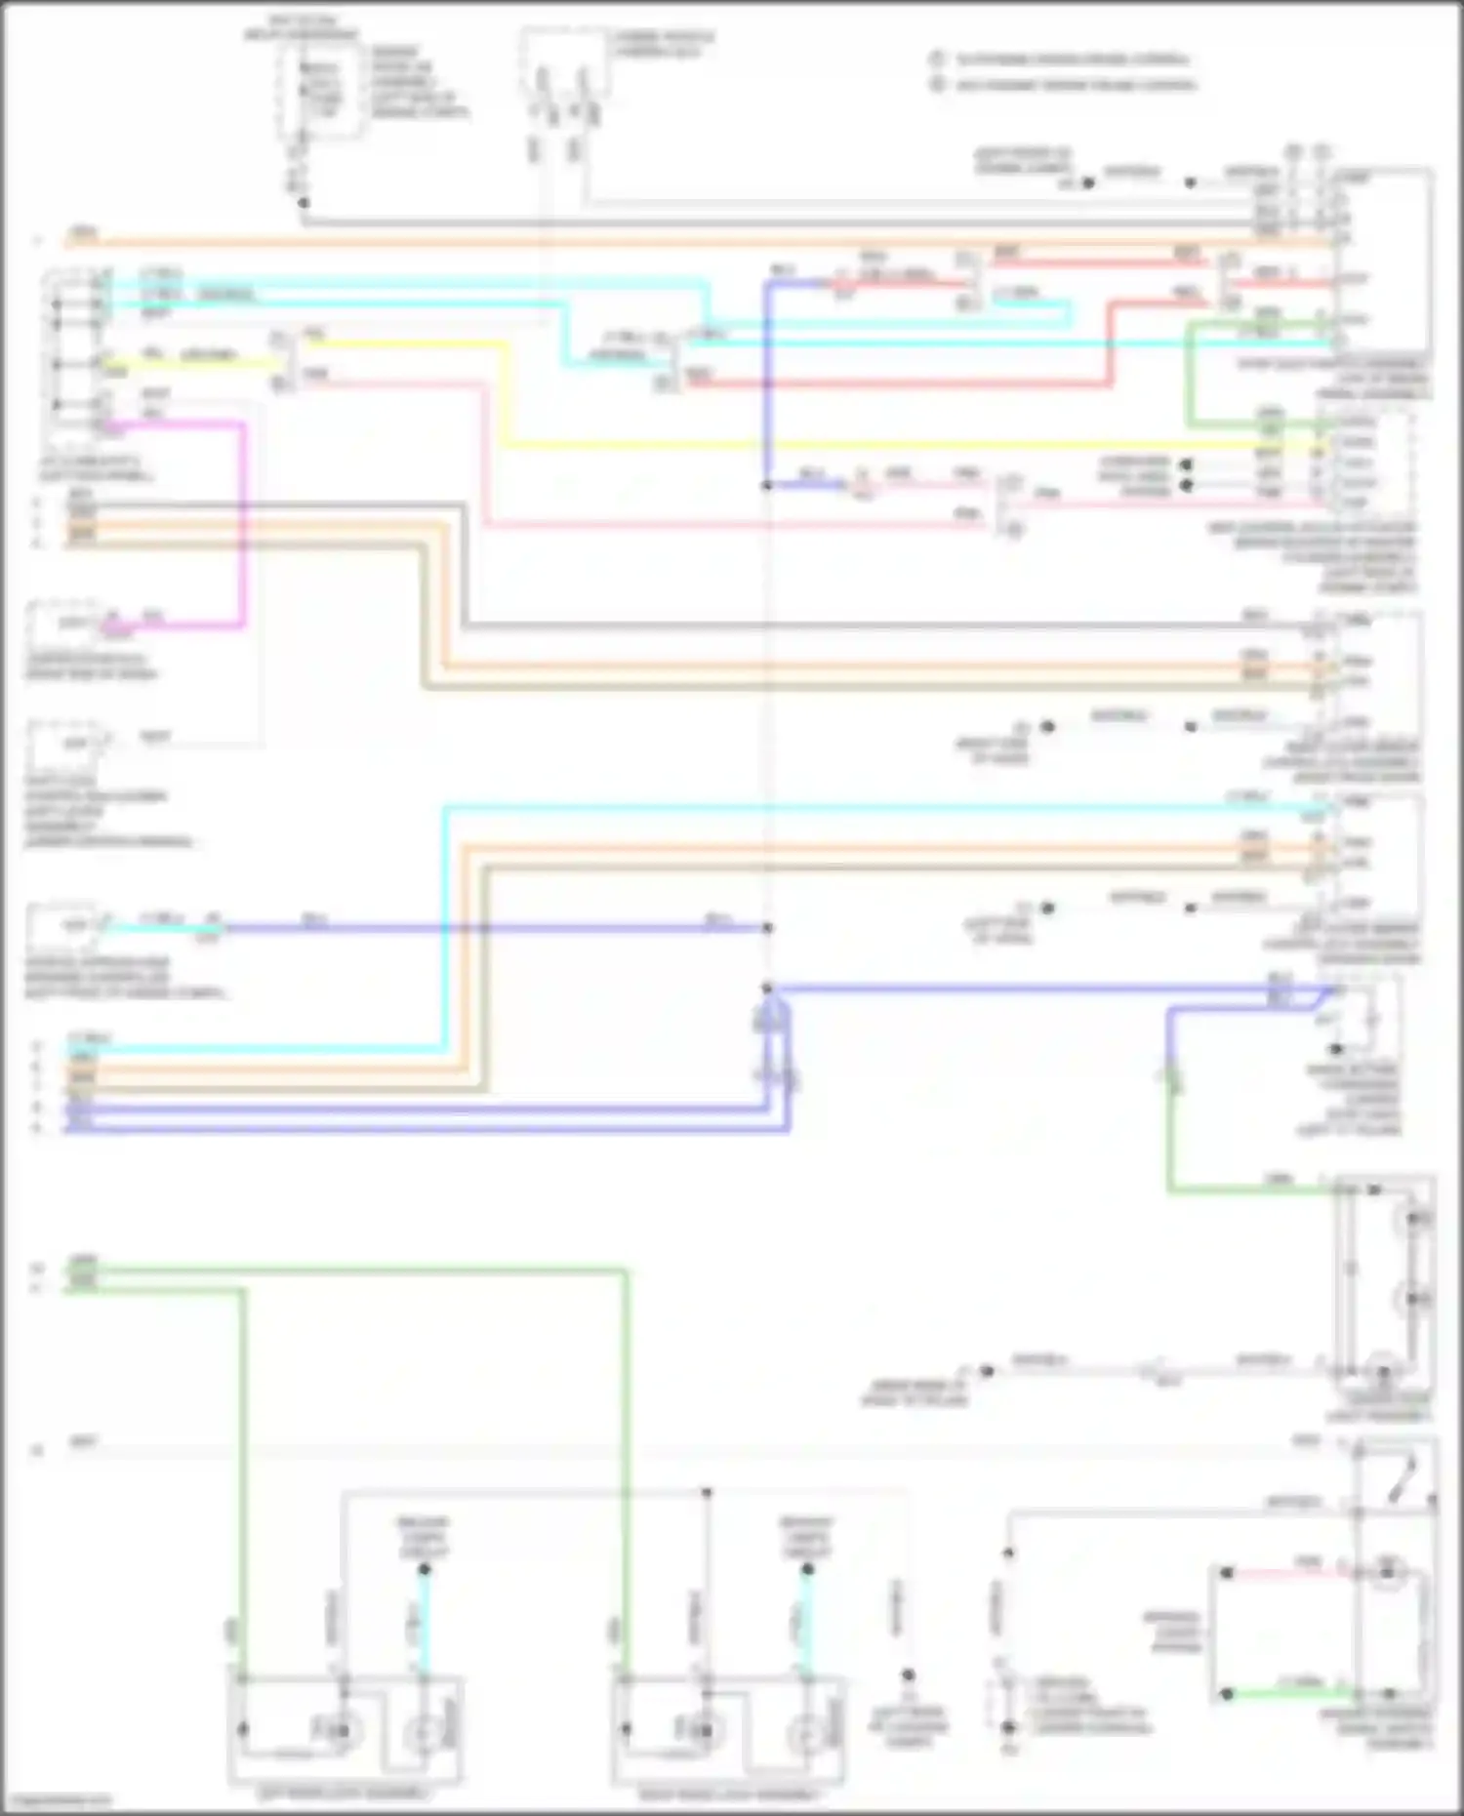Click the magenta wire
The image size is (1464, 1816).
click(x=242, y=527)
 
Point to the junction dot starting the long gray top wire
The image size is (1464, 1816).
click(x=304, y=203)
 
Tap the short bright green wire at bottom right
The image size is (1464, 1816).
click(x=1288, y=1694)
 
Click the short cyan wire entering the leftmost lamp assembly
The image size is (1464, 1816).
click(x=424, y=1620)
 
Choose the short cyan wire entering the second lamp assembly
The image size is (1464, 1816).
click(x=807, y=1620)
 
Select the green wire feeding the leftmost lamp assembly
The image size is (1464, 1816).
click(x=242, y=1464)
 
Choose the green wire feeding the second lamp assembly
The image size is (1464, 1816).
click(x=626, y=1464)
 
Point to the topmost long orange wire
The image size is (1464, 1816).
click(x=683, y=242)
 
